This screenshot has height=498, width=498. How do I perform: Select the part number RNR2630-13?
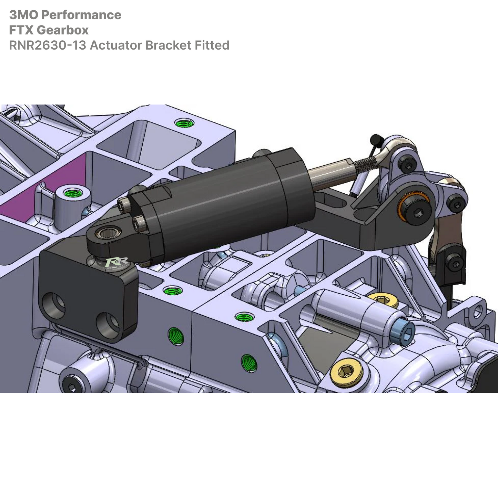[x=48, y=45]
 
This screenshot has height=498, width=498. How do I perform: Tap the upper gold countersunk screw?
[x=383, y=299]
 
